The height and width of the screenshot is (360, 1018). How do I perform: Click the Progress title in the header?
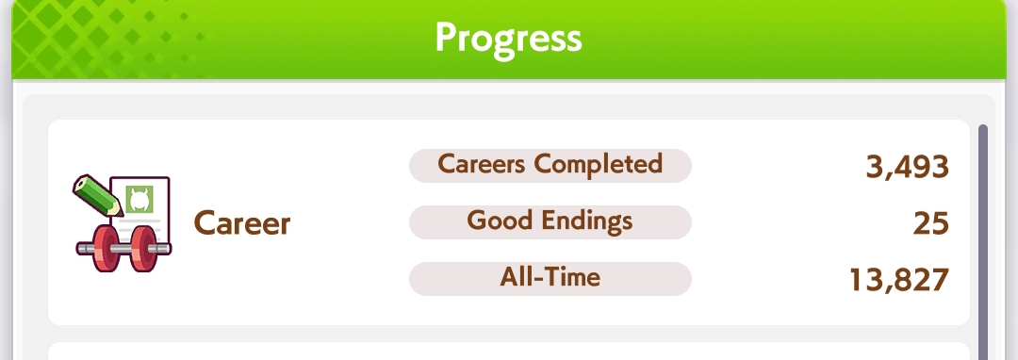(x=508, y=39)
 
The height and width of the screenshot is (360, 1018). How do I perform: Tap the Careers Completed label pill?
(x=550, y=166)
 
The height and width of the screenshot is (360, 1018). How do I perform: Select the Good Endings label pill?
(x=550, y=221)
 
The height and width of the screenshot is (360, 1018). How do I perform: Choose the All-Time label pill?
(x=550, y=278)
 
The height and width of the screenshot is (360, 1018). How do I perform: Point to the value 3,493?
(x=907, y=168)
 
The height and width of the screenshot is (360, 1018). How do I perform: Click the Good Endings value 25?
(x=930, y=223)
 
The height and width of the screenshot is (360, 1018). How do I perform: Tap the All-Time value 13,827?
(x=899, y=280)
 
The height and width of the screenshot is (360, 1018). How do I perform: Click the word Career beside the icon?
(x=241, y=223)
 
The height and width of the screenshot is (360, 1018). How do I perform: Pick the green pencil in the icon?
(x=97, y=194)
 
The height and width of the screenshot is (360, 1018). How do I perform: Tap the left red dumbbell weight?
(x=106, y=248)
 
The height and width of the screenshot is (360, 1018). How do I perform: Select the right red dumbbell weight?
(x=144, y=248)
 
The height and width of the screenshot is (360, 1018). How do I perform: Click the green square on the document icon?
(x=139, y=200)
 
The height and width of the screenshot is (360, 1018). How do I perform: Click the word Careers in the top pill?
(x=481, y=164)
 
